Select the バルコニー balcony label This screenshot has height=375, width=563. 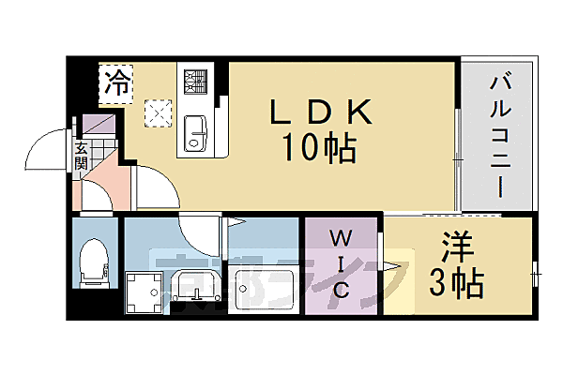[x=497, y=135]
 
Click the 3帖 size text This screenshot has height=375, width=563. [x=459, y=281]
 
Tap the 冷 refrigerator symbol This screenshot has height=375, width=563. [x=117, y=82]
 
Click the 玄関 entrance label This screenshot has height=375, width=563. [x=81, y=155]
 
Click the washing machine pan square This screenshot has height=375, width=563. [x=146, y=292]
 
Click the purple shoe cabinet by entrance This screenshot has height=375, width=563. [x=96, y=124]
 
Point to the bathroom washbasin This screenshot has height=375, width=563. [x=199, y=286]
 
